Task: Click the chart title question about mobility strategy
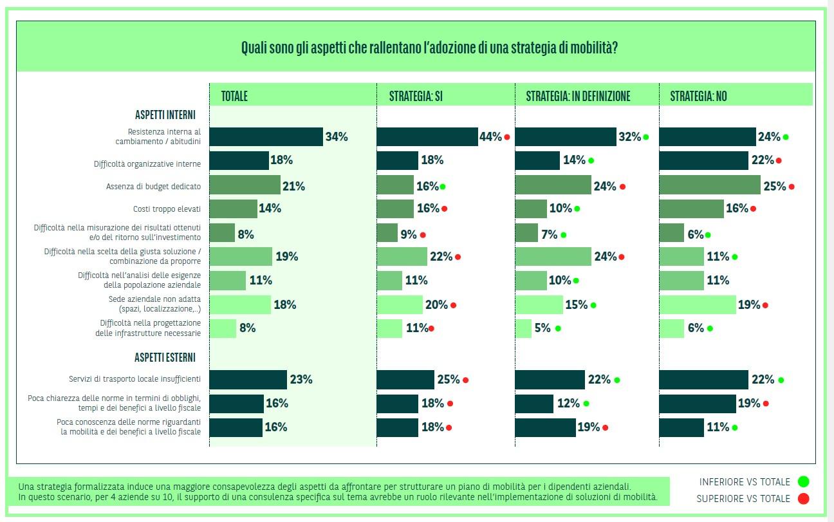(429, 48)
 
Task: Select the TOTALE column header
(234, 97)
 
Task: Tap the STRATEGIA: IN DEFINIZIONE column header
(578, 97)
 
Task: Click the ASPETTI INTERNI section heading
(165, 115)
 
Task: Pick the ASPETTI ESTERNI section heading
(165, 357)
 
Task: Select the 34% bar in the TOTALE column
(266, 136)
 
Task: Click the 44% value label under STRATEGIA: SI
(490, 136)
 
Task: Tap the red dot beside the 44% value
(507, 137)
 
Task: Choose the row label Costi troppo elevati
(167, 209)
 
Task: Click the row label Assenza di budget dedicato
(153, 187)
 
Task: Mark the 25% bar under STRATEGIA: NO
(710, 185)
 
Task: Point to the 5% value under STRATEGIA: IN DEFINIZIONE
(542, 328)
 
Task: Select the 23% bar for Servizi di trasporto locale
(248, 379)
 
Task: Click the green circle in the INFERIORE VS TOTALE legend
(802, 481)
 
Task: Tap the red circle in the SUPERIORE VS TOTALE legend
(802, 498)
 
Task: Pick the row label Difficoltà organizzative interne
(147, 164)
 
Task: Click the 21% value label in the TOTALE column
(293, 186)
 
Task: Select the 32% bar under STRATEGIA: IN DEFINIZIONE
(566, 136)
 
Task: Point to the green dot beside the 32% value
(645, 137)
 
